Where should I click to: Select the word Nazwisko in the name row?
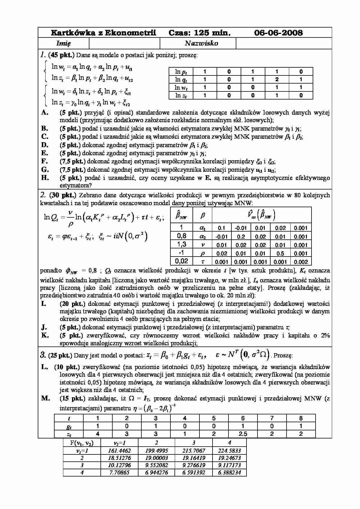pyautogui.click(x=201, y=43)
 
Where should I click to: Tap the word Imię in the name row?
pyautogui.click(x=63, y=43)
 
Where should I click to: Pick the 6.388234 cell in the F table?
pyautogui.click(x=230, y=472)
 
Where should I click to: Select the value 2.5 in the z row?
pyautogui.click(x=243, y=434)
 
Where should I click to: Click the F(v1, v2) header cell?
pyautogui.click(x=82, y=443)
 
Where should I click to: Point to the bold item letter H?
pyautogui.click(x=45, y=178)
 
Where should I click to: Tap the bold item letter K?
pyautogui.click(x=45, y=335)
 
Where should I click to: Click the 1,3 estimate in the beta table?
pyautogui.click(x=181, y=244)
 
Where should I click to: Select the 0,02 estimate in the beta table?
pyautogui.click(x=181, y=261)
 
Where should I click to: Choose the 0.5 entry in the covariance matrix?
pyautogui.click(x=280, y=253)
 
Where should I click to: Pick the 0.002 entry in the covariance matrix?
pyautogui.click(x=300, y=261)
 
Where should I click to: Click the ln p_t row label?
pyautogui.click(x=181, y=71)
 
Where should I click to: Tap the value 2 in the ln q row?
pyautogui.click(x=277, y=79)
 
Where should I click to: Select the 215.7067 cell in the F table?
pyautogui.click(x=194, y=451)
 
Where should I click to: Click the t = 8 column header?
pyautogui.click(x=301, y=418)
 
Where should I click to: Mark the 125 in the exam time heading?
pyautogui.click(x=201, y=33)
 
